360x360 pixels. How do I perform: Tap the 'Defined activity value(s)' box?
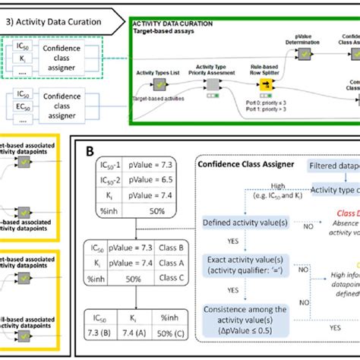[x=245, y=223]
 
